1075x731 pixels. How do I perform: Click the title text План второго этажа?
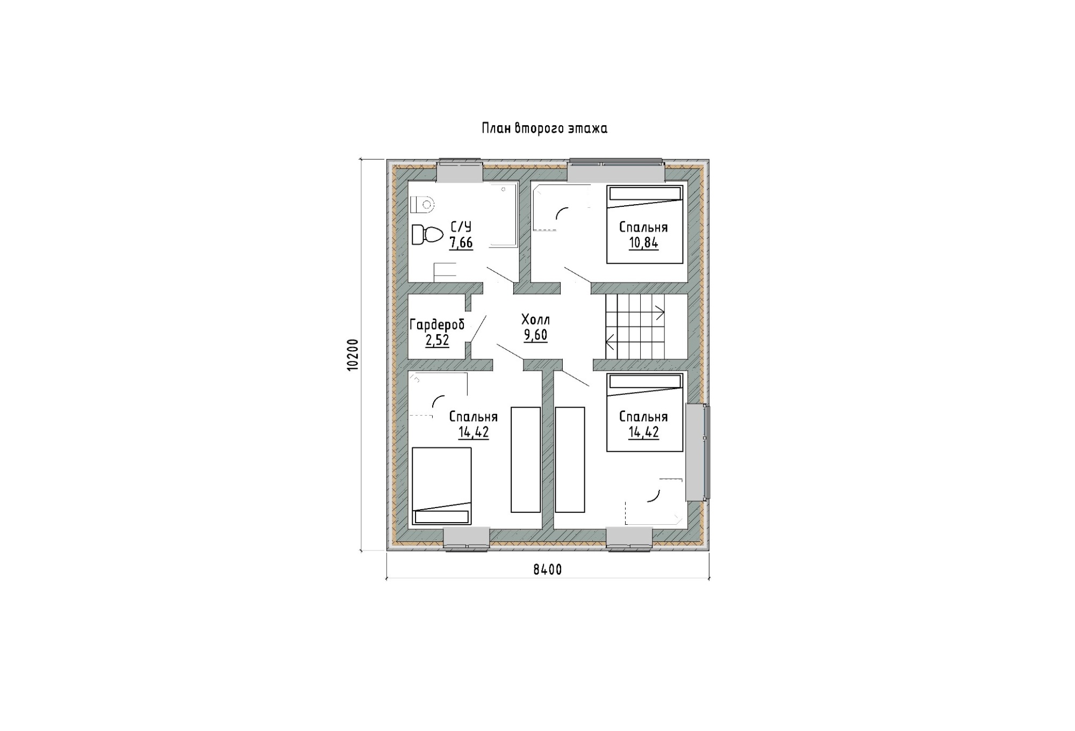coord(544,129)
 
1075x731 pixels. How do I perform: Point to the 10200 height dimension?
coord(352,355)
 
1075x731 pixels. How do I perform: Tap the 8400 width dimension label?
coord(548,570)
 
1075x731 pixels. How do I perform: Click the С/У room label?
coord(461,227)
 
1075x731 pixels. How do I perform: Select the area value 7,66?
coord(461,243)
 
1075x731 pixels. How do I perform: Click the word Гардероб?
coord(437,325)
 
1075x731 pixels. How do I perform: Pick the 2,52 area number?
coord(437,340)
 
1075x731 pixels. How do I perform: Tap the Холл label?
coord(536,321)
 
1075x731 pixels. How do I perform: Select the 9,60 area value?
coord(536,336)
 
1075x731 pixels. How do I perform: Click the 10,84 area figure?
coord(643,243)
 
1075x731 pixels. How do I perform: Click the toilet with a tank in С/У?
coord(427,235)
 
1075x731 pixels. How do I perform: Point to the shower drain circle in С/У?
coord(504,189)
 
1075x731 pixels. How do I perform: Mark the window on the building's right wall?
coord(697,452)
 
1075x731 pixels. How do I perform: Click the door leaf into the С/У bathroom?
coord(500,274)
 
